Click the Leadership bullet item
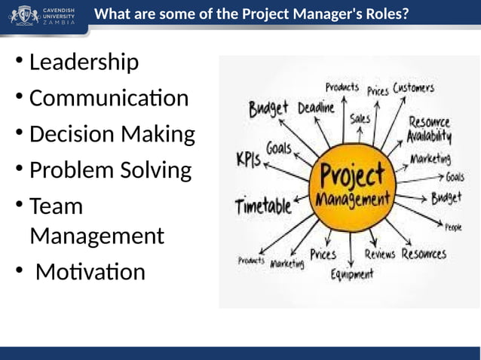tap(84, 62)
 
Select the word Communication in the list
tap(109, 98)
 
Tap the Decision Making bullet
tap(112, 134)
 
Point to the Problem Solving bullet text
tap(110, 170)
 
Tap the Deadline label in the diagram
tap(316, 108)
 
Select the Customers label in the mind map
tap(413, 89)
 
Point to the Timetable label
tap(263, 205)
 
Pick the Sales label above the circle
tap(360, 119)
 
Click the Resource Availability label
tap(429, 129)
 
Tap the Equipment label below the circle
tap(352, 274)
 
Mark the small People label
tap(453, 227)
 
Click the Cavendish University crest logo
tap(23, 15)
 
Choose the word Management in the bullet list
tap(97, 236)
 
